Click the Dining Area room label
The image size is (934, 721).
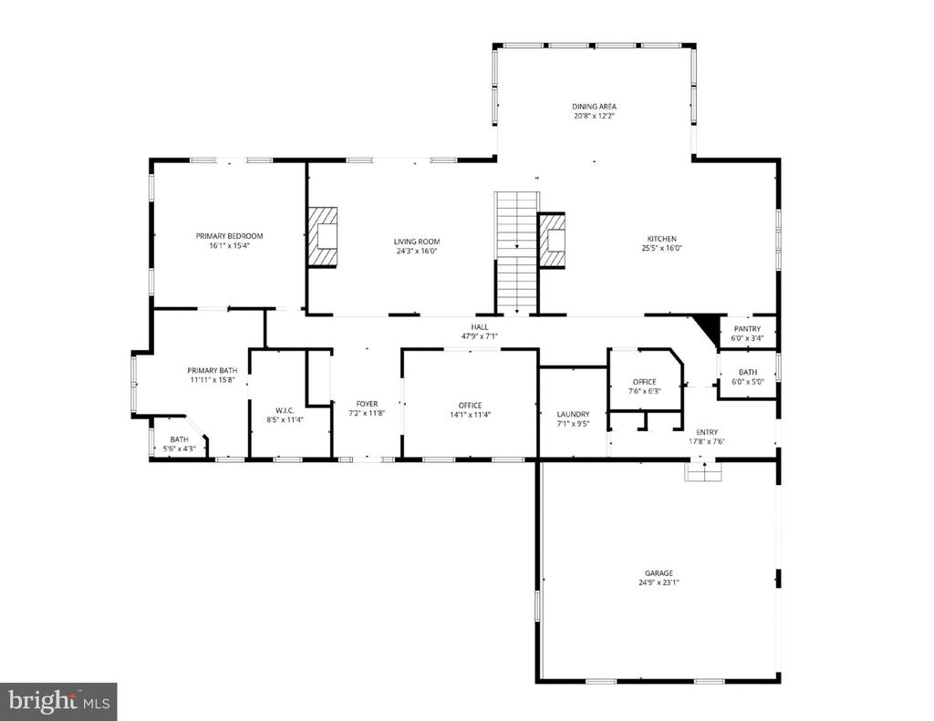click(x=594, y=107)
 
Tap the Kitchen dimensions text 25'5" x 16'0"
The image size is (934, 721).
click(x=661, y=248)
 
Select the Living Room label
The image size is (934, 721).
click(x=417, y=242)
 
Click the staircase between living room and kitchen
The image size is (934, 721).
click(x=517, y=252)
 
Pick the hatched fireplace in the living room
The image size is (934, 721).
click(x=322, y=236)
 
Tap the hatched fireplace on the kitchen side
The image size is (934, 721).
click(x=552, y=240)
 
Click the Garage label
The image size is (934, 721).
click(x=658, y=573)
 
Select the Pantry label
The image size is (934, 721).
click(x=747, y=328)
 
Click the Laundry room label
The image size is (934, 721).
click(x=573, y=414)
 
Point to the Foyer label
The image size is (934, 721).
click(x=367, y=403)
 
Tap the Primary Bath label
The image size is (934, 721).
click(x=213, y=370)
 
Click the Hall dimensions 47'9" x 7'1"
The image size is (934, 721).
click(x=479, y=336)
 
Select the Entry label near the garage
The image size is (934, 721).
click(x=707, y=432)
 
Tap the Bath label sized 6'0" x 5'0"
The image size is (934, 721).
click(x=747, y=372)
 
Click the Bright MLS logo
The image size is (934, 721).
click(x=58, y=701)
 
